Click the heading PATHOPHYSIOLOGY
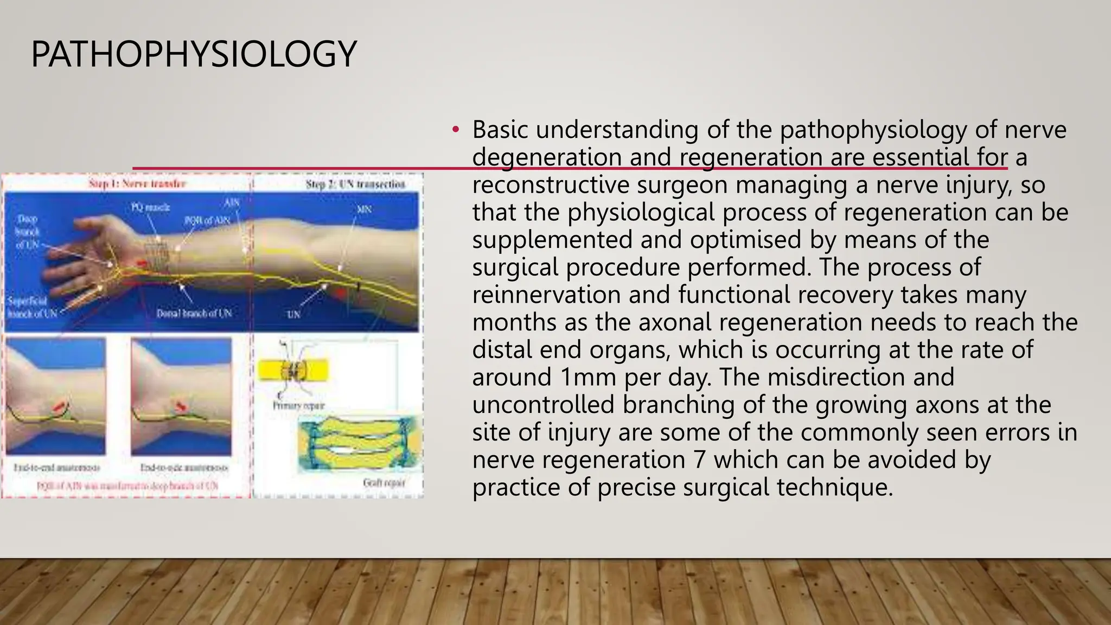click(194, 54)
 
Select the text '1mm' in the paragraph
click(588, 378)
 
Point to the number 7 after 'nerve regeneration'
click(699, 460)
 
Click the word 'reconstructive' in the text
click(550, 185)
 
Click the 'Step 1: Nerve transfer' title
click(137, 184)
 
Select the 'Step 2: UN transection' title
click(355, 184)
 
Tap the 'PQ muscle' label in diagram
click(150, 207)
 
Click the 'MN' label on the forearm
click(364, 209)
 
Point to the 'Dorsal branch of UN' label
click(194, 314)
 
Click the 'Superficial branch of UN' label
click(31, 308)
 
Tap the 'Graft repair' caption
click(384, 483)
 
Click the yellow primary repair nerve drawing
click(293, 371)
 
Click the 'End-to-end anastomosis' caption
click(56, 468)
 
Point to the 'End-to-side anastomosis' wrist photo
click(181, 396)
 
